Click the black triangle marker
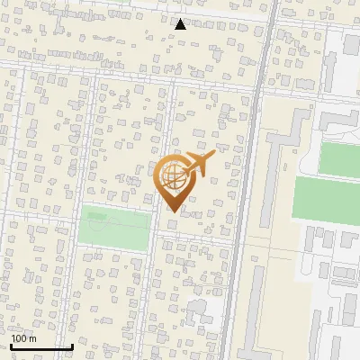181,24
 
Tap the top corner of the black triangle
181,19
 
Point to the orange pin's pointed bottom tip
171,211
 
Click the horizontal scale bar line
41,346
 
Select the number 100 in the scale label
19,338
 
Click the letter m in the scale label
32,338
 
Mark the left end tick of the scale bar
11,345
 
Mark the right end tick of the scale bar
72,345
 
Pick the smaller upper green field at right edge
340,158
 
